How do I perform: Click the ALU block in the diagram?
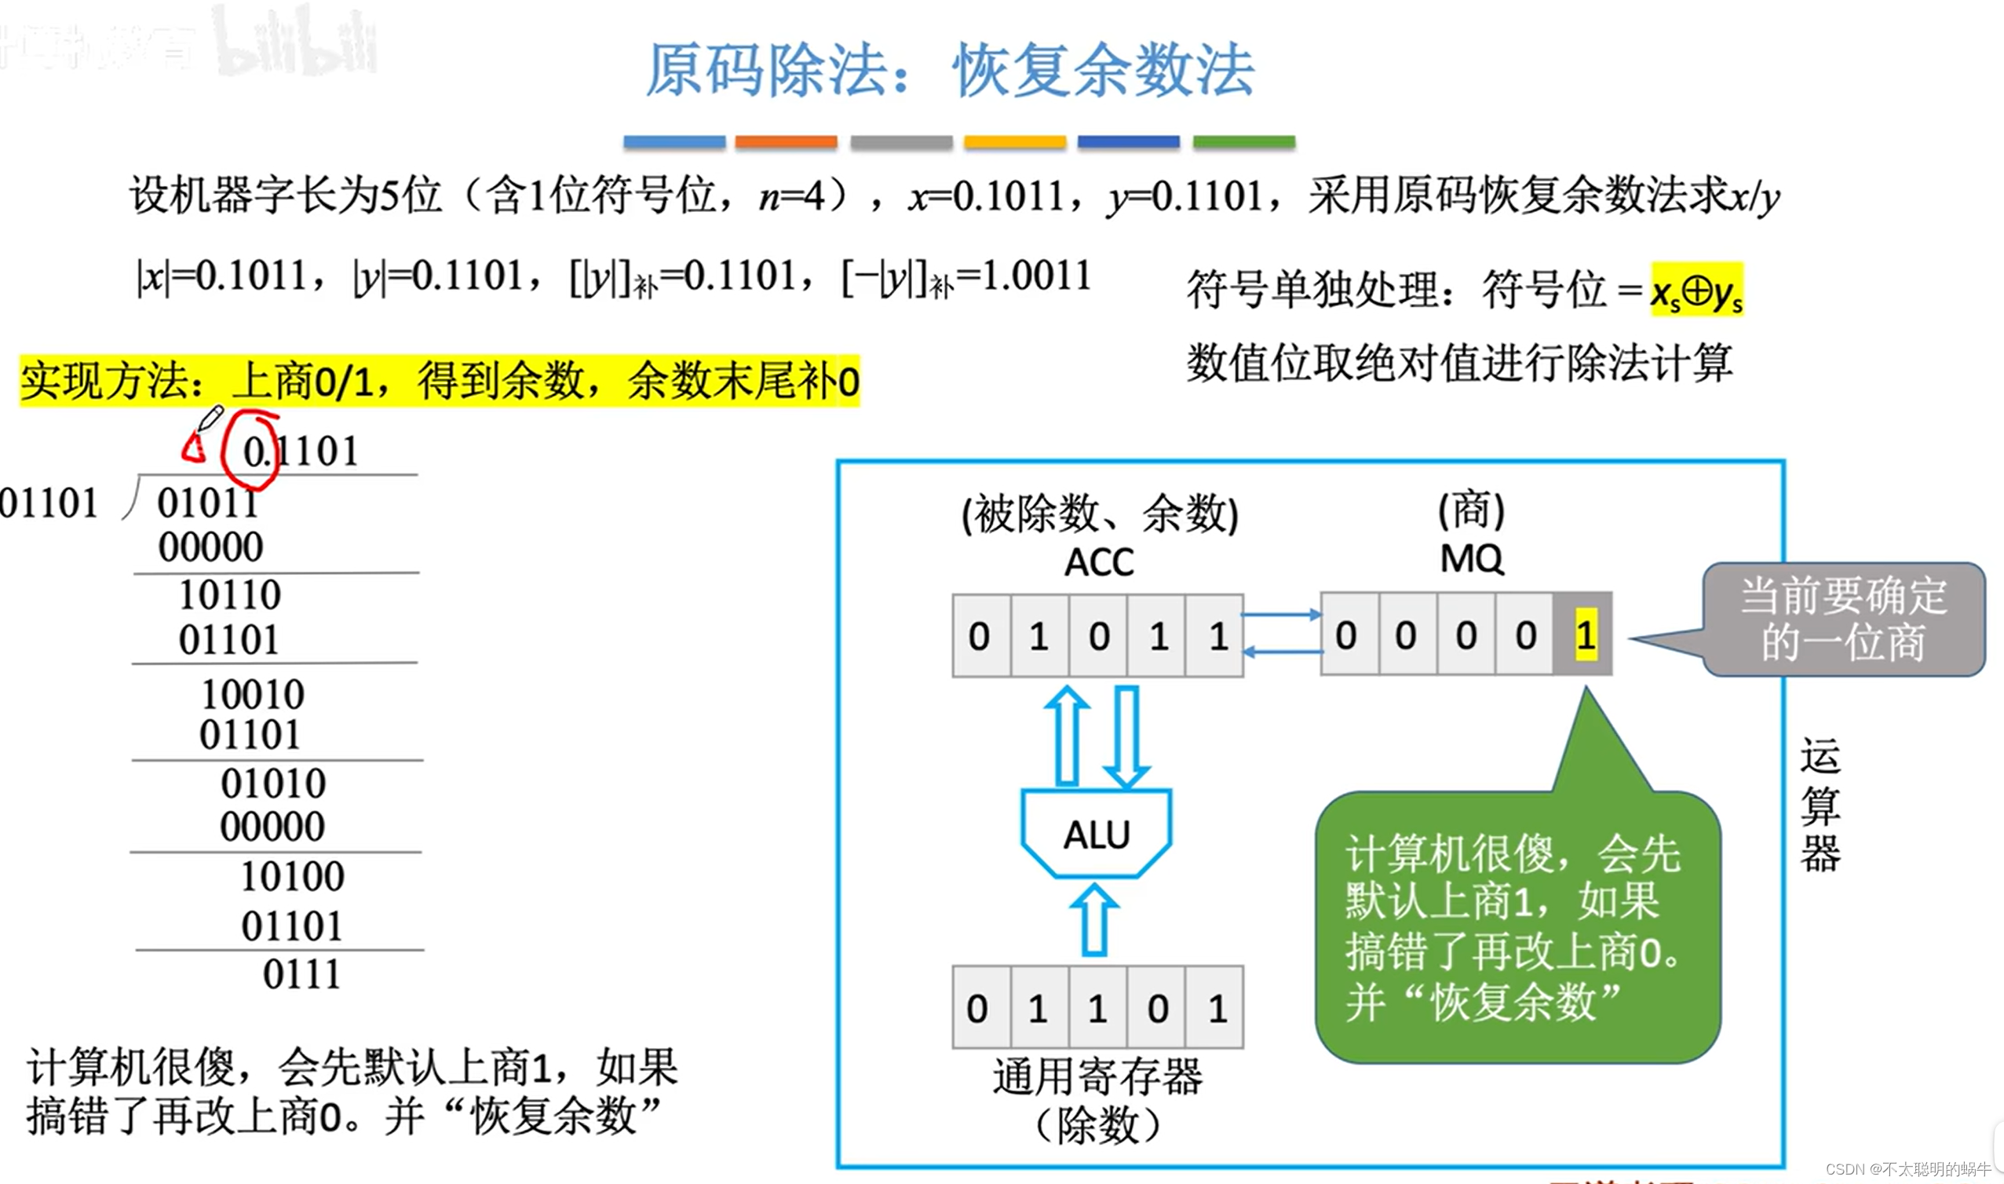tap(1097, 834)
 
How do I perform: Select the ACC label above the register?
tap(1099, 562)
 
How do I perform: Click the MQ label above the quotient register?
tap(1471, 558)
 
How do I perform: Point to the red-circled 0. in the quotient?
tap(254, 451)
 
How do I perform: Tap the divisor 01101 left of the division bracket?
tap(49, 503)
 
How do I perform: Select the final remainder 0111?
tap(301, 974)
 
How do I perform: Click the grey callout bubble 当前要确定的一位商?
tap(1843, 620)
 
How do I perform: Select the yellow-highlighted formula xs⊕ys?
tap(1696, 291)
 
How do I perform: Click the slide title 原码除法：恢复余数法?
tap(949, 70)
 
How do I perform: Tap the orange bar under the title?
tap(786, 142)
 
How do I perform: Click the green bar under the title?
tap(1243, 142)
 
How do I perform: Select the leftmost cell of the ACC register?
tap(980, 636)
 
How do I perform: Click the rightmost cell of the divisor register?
tap(1215, 1007)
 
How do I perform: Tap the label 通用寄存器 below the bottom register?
tap(1097, 1077)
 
